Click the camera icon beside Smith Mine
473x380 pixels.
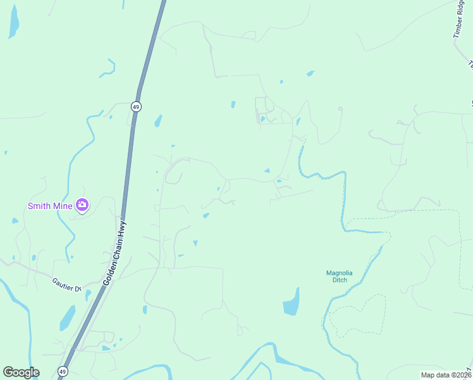pyautogui.click(x=82, y=205)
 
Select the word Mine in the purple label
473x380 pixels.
pyautogui.click(x=62, y=205)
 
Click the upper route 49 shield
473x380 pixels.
pyautogui.click(x=136, y=106)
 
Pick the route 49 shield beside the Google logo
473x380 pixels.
pyautogui.click(x=62, y=371)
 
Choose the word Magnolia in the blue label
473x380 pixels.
pyautogui.click(x=339, y=273)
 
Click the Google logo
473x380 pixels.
pyautogui.click(x=21, y=372)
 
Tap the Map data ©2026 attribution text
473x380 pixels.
pyautogui.click(x=446, y=375)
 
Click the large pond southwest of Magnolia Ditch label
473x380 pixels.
pyautogui.click(x=291, y=302)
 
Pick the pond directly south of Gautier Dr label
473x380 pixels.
pyautogui.click(x=68, y=319)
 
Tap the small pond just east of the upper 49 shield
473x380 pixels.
pyautogui.click(x=158, y=120)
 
